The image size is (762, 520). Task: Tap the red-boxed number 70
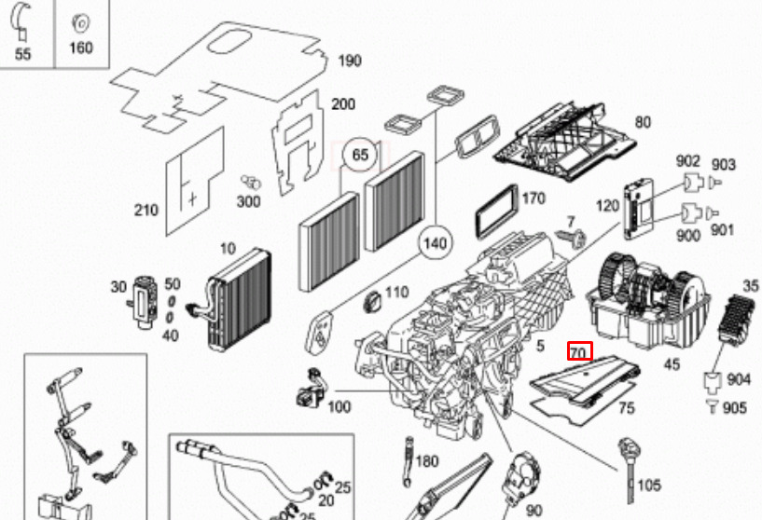coord(579,353)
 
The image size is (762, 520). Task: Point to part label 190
coord(349,62)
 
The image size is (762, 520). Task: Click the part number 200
coord(344,103)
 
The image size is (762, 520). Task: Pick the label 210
coord(145,211)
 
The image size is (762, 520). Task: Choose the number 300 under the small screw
coord(248,201)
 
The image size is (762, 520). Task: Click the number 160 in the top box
coord(81,48)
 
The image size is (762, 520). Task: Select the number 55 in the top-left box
coord(23,54)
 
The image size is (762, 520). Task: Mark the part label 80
coord(643,122)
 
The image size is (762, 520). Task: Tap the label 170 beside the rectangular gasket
coord(533,198)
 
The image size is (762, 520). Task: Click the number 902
coord(688,161)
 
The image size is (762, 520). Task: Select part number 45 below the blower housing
coord(672,364)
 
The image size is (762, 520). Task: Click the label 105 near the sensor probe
coord(649,485)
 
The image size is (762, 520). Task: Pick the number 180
coord(426,460)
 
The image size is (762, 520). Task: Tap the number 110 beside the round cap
coord(396,292)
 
